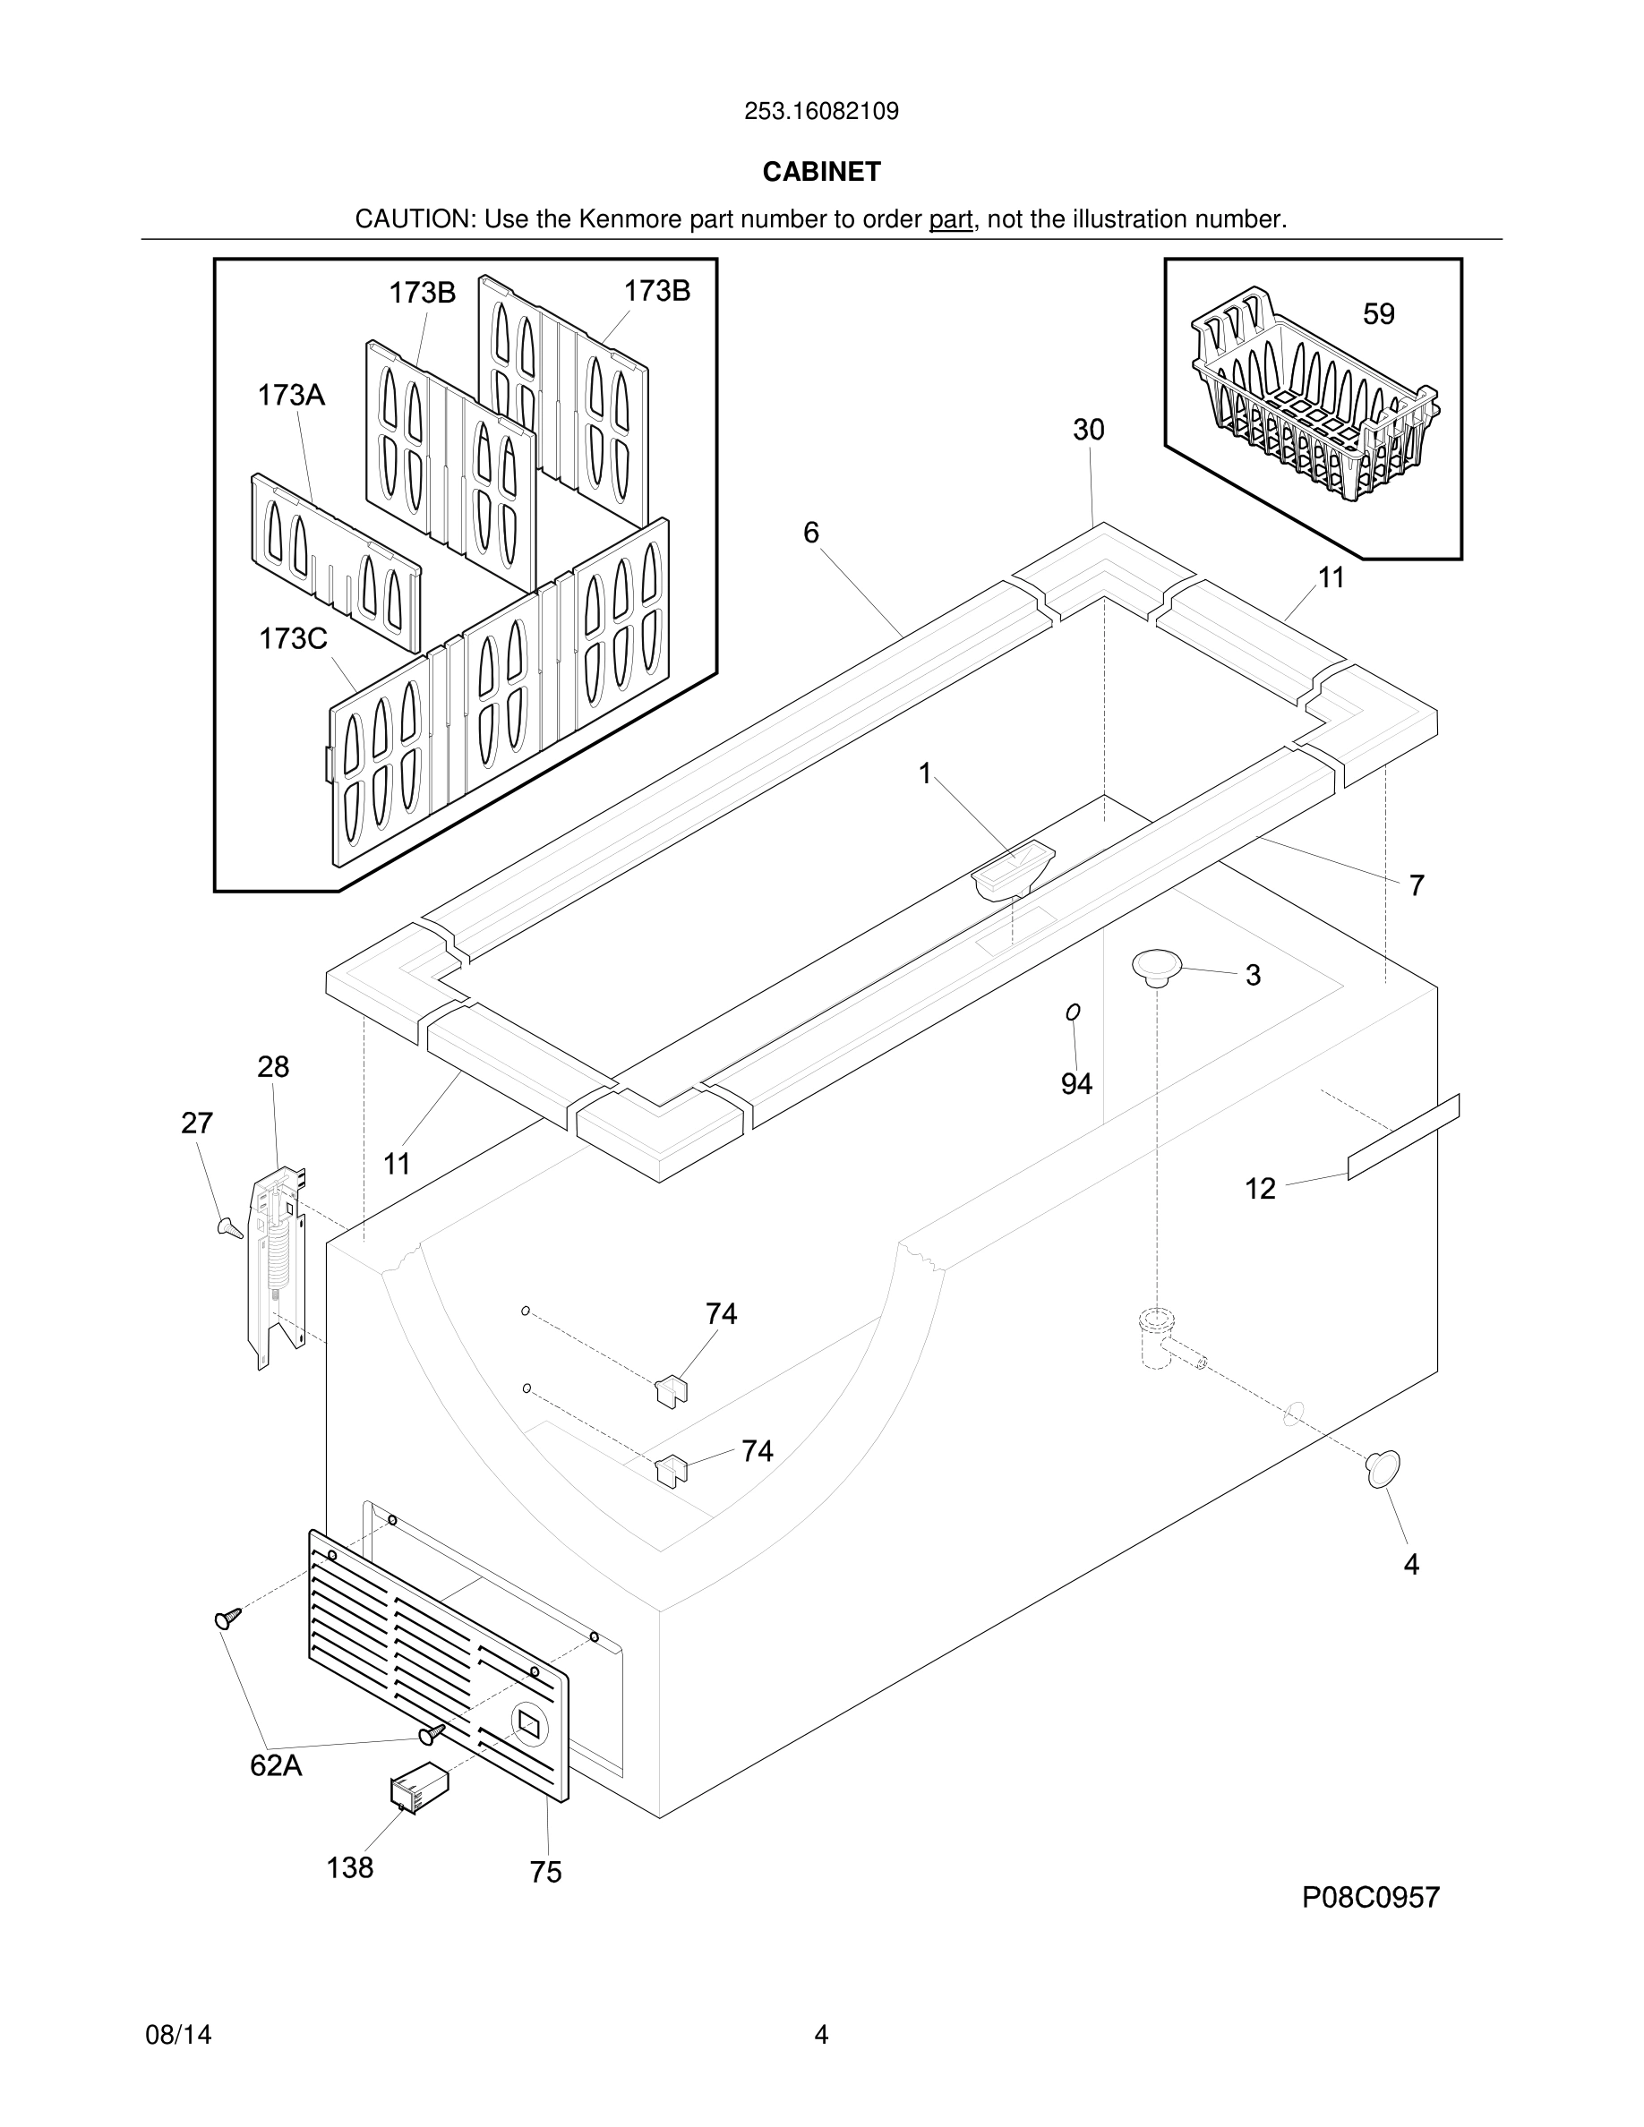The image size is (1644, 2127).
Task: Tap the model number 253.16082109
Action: [821, 111]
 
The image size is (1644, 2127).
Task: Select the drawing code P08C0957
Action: [1370, 1897]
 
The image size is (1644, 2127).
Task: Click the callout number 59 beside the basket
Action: [1378, 313]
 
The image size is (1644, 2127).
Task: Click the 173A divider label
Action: [290, 396]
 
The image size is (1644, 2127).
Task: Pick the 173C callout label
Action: [292, 639]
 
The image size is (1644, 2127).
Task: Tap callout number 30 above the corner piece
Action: [1088, 430]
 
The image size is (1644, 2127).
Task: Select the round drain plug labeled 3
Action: [1156, 966]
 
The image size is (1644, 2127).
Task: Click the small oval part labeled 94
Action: [1074, 1012]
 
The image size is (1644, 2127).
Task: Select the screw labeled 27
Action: [230, 1227]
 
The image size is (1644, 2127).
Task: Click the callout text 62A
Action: [276, 1764]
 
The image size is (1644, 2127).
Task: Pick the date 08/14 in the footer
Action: [178, 2035]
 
